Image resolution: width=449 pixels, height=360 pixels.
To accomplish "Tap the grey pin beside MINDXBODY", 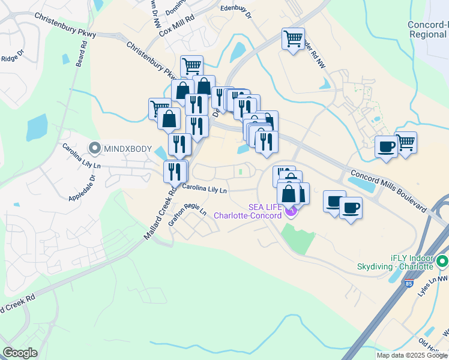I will click(94, 148).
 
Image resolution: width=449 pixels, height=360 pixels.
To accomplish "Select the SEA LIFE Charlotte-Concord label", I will click(248, 211).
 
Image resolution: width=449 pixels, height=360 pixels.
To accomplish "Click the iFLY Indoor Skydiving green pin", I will click(442, 262).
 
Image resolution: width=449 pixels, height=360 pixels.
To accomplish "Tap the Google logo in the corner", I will click(20, 353).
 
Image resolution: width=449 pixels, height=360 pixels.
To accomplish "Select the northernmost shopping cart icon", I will click(293, 39).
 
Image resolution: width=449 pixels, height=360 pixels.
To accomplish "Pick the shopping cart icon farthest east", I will click(406, 143).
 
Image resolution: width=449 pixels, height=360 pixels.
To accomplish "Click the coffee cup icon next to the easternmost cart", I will click(386, 146).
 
